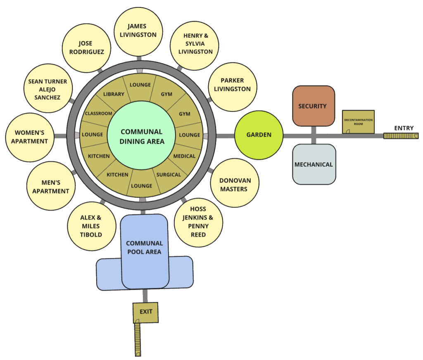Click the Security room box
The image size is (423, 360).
(x=313, y=106)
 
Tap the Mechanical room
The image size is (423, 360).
(x=314, y=164)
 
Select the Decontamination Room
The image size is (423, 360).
(x=358, y=121)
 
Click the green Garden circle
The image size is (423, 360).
(x=259, y=135)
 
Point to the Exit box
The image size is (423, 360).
(x=146, y=312)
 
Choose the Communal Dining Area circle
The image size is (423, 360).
(x=142, y=136)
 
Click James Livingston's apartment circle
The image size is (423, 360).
(x=138, y=31)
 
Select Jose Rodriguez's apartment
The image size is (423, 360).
(x=86, y=48)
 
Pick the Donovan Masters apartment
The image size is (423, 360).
(x=233, y=185)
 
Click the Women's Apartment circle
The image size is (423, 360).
(x=29, y=137)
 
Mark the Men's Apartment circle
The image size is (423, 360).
(x=51, y=187)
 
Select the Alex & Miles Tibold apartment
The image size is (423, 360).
(x=90, y=226)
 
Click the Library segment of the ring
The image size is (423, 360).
(x=114, y=94)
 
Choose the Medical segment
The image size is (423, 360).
(x=184, y=156)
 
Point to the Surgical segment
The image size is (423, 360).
(x=169, y=175)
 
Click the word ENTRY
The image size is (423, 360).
(x=404, y=128)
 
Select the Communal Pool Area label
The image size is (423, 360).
(x=144, y=247)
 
